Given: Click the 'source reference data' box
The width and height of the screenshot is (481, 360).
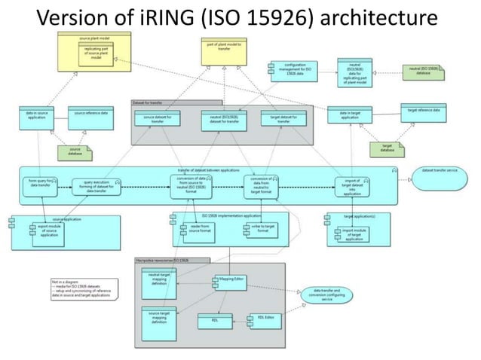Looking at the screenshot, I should [x=90, y=114].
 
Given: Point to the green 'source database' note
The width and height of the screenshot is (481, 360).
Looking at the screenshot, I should [x=76, y=152].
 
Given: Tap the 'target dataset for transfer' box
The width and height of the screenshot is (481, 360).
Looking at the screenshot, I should [x=283, y=118].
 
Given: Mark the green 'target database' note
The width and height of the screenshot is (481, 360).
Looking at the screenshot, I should [x=388, y=149].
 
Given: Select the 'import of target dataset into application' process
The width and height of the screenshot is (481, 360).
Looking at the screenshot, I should [x=353, y=185].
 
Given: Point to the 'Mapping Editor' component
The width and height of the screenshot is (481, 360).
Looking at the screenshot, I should [x=231, y=279].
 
